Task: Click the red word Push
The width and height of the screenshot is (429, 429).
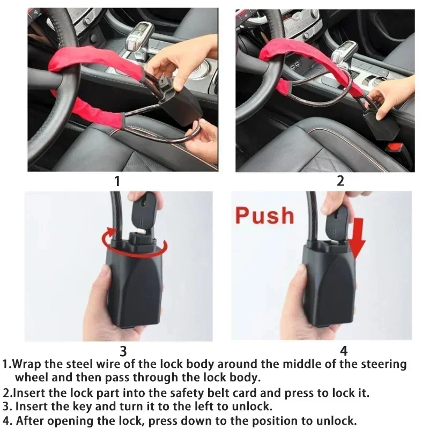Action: coord(265,215)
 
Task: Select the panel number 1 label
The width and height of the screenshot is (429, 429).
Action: coord(117,181)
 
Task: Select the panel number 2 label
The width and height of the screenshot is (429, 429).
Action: coord(340,181)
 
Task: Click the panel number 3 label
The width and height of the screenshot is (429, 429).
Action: coord(123,351)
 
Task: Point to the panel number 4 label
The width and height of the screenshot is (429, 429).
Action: coord(344,351)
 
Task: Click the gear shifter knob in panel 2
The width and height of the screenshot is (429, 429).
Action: coord(344,51)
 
